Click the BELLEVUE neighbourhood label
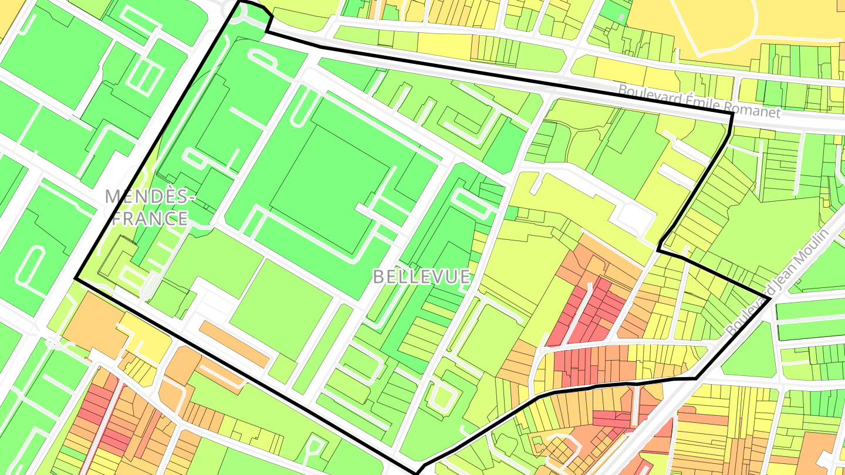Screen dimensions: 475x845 421,276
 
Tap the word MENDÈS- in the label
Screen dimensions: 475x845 150,196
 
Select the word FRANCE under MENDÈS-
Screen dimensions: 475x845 150,218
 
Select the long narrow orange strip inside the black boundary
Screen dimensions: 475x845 234,344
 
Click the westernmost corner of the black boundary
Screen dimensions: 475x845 76,279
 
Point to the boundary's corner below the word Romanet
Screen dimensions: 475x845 732,114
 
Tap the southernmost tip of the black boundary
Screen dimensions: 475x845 418,472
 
